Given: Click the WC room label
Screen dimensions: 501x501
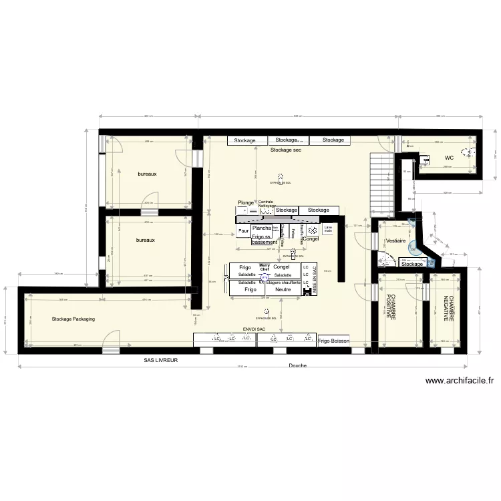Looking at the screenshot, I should [x=449, y=158].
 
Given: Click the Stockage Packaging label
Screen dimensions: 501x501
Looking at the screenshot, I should [x=73, y=319].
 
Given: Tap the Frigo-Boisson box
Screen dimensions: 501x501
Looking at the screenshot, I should [x=333, y=341].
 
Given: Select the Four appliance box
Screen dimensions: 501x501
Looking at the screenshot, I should [x=243, y=232].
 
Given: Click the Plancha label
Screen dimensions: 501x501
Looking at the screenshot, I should [x=261, y=228].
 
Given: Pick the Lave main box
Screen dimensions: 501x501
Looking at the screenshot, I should [x=328, y=228].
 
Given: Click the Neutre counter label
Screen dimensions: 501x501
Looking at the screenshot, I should [x=283, y=290].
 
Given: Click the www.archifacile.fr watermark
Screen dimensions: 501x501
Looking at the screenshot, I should [x=460, y=381].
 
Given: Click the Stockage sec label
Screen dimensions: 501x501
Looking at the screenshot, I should [x=286, y=150].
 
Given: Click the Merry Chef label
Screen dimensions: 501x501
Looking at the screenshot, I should [x=263, y=269].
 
